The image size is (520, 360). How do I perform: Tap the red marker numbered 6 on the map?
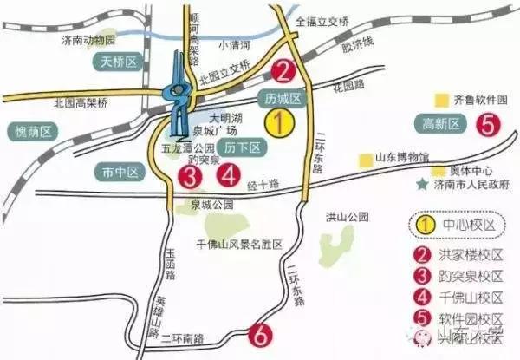(x=259, y=334)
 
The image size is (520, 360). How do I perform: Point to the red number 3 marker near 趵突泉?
(x=191, y=177)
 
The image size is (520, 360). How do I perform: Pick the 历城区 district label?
(x=282, y=99)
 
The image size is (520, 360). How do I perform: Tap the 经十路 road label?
(x=263, y=185)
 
